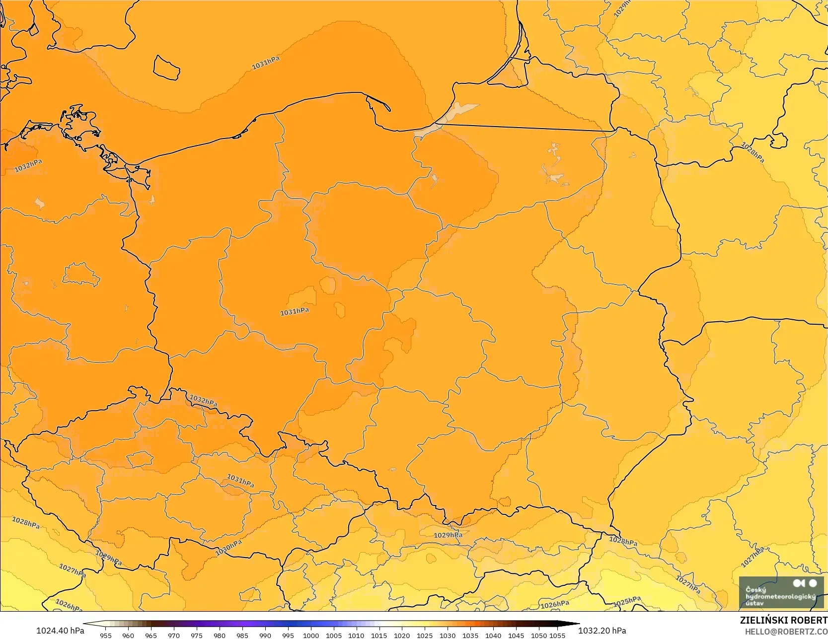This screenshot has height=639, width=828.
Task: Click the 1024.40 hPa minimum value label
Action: point(60,631)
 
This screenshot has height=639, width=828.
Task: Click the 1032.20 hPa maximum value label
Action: point(602,631)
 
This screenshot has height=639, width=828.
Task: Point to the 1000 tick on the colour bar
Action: point(311,635)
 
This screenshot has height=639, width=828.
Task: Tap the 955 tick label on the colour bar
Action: point(106,635)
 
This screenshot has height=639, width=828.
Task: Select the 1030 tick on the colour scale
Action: point(448,635)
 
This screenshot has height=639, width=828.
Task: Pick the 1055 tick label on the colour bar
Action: point(557,635)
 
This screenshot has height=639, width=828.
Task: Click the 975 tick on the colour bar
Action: point(197,635)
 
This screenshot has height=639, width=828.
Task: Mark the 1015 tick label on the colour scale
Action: point(379,635)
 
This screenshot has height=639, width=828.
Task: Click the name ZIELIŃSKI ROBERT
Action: point(783,620)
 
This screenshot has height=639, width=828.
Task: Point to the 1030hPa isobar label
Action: point(228,548)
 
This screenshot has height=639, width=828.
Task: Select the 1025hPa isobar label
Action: point(627,602)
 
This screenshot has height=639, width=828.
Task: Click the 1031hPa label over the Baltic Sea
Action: point(266,63)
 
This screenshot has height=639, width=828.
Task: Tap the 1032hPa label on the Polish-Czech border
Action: point(203,400)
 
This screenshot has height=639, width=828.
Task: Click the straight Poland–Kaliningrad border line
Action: point(527,128)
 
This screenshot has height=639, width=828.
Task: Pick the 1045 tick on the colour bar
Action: point(516,635)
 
